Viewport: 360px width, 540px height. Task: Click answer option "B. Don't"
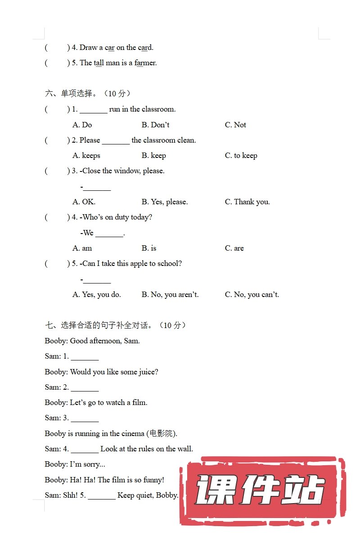(x=155, y=125)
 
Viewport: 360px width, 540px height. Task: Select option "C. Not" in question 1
(x=235, y=125)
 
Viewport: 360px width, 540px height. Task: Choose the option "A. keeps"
(x=86, y=156)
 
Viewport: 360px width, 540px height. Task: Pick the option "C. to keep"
(x=241, y=156)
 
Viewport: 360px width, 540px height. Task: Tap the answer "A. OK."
(x=84, y=202)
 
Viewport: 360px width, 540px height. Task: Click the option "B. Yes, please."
(x=165, y=202)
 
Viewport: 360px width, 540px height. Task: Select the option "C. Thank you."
(x=247, y=202)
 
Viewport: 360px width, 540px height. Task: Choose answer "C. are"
(x=234, y=248)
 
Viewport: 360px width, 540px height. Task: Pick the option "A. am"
(x=82, y=248)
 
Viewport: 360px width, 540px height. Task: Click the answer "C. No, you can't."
(x=252, y=295)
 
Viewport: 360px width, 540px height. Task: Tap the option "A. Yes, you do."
(x=97, y=295)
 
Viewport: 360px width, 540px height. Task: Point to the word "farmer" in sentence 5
(x=145, y=63)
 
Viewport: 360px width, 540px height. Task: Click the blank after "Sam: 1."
(x=85, y=358)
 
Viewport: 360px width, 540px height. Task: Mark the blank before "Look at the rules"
(x=85, y=450)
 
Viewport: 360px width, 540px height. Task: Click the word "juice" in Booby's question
(x=148, y=372)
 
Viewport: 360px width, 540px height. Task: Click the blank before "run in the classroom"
(x=94, y=111)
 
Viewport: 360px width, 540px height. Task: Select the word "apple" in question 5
(x=139, y=264)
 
